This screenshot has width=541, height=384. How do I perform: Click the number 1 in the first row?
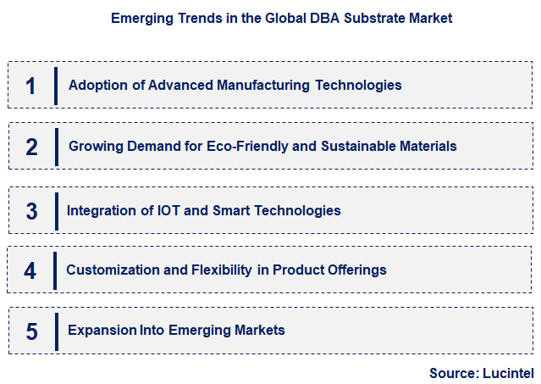pyautogui.click(x=31, y=85)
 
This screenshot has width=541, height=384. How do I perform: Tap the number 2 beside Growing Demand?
pyautogui.click(x=31, y=147)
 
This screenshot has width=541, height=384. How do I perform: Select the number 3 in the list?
pyautogui.click(x=31, y=209)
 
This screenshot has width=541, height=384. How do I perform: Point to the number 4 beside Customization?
pyautogui.click(x=31, y=270)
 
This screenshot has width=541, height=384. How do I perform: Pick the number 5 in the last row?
pyautogui.click(x=31, y=331)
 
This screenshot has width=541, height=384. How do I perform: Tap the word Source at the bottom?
pyautogui.click(x=453, y=372)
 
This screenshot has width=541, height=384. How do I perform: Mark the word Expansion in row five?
pyautogui.click(x=102, y=331)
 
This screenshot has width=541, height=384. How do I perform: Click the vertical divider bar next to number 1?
pyautogui.click(x=55, y=85)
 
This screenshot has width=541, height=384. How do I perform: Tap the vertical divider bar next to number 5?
pyautogui.click(x=55, y=331)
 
